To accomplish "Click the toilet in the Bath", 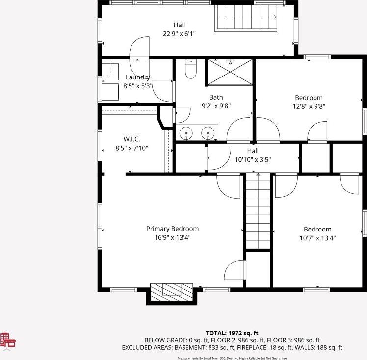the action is [191, 69].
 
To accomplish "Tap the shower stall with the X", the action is [230, 72].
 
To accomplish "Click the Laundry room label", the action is [137, 77].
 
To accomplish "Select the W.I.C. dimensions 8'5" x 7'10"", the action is [132, 148].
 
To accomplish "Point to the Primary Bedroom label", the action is [173, 229].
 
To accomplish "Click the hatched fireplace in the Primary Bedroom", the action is [172, 292].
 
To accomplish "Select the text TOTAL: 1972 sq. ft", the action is [232, 333].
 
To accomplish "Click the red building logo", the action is [8, 340].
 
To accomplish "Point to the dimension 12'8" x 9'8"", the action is [309, 106].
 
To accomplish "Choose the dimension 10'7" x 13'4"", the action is [317, 238].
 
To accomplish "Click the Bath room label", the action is [216, 97].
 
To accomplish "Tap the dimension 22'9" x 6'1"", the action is [179, 34].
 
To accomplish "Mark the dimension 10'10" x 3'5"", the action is [253, 160].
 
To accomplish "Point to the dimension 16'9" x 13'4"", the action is [173, 238].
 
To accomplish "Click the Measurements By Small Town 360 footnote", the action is [232, 358].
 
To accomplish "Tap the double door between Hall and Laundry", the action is [139, 57].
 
